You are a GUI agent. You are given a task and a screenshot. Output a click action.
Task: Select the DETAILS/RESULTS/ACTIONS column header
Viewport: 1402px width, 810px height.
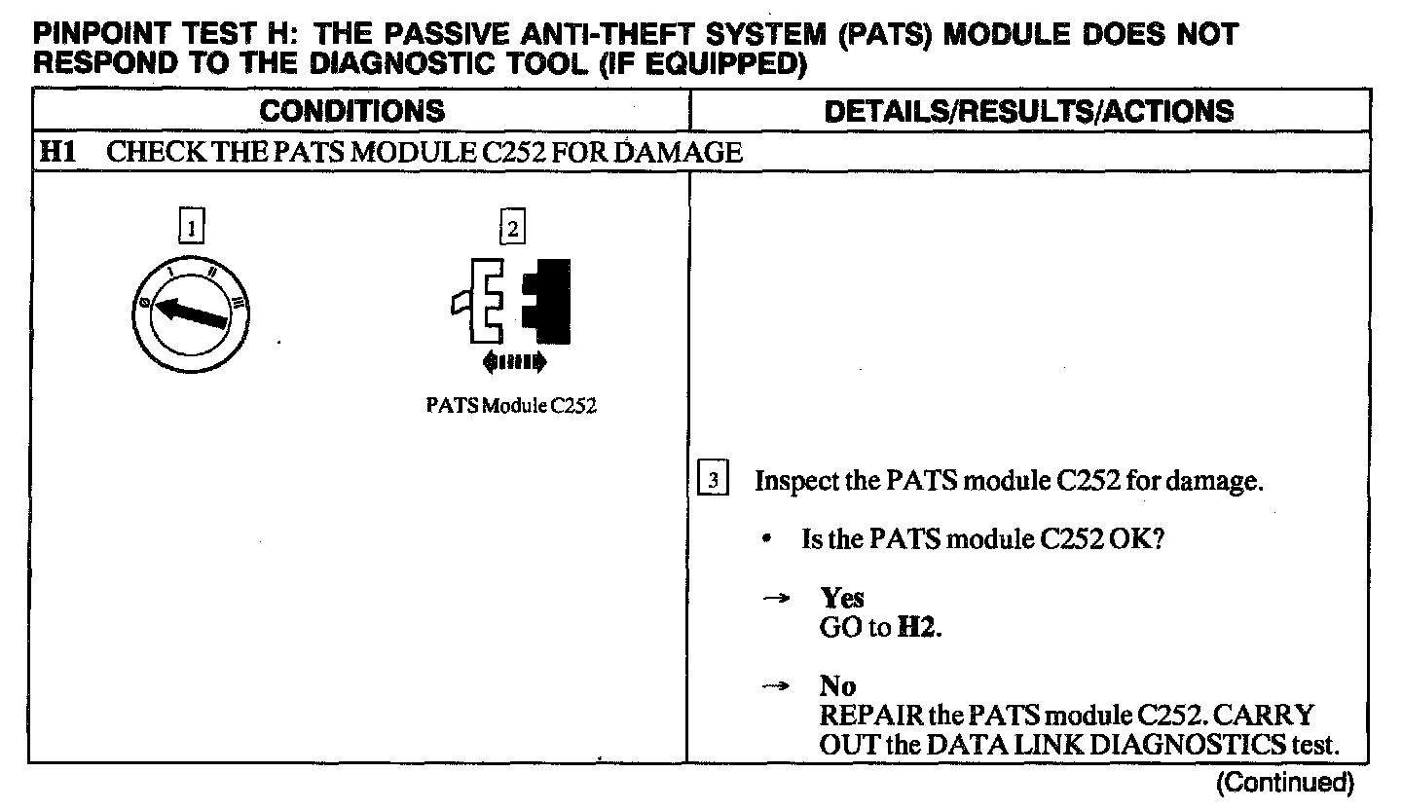pyautogui.click(x=1028, y=111)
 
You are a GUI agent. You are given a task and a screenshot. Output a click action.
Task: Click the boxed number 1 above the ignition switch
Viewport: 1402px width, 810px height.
pyautogui.click(x=194, y=228)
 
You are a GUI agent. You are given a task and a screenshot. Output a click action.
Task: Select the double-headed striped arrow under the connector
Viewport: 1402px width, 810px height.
pyautogui.click(x=515, y=363)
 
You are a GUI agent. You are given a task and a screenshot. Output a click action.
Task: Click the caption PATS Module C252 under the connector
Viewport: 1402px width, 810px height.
pyautogui.click(x=511, y=407)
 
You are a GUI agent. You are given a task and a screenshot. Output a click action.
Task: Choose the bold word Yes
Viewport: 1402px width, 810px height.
pyautogui.click(x=842, y=598)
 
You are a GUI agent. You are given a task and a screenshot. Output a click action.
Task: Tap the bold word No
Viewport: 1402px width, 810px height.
pyautogui.click(x=836, y=687)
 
